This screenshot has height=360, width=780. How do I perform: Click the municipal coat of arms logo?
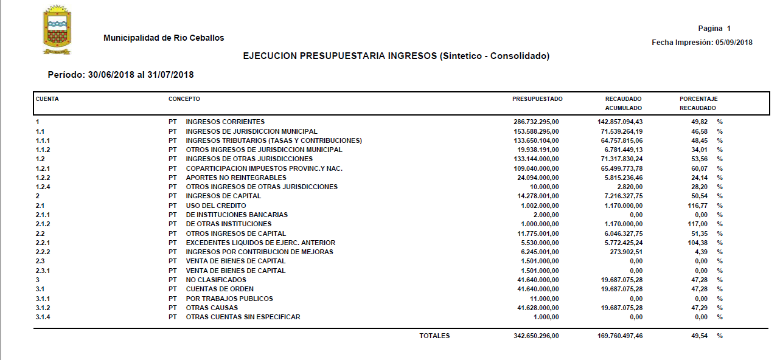[57, 29]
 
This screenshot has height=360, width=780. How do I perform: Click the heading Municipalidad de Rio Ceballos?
[164, 38]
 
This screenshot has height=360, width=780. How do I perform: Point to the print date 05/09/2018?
[734, 43]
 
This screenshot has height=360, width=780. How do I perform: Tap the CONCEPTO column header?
[184, 99]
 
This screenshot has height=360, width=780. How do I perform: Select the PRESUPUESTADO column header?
[537, 99]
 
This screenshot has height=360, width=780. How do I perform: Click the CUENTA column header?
[47, 99]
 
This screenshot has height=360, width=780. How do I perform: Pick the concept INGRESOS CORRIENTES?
[225, 122]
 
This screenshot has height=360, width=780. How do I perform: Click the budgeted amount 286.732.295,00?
[536, 122]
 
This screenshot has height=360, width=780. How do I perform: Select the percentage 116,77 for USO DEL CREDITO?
[697, 206]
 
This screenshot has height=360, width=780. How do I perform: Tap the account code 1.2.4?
[43, 187]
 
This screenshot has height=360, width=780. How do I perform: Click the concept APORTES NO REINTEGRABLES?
[236, 178]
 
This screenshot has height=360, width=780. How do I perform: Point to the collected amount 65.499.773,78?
[620, 168]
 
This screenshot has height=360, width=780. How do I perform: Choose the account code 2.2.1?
[43, 243]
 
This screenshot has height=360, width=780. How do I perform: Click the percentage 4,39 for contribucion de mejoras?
[700, 252]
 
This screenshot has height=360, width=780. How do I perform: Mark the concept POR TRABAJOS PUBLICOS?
[229, 299]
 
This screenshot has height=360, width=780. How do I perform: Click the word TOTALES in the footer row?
[434, 336]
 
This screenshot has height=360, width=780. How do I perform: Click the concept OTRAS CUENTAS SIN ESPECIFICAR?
[243, 317]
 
